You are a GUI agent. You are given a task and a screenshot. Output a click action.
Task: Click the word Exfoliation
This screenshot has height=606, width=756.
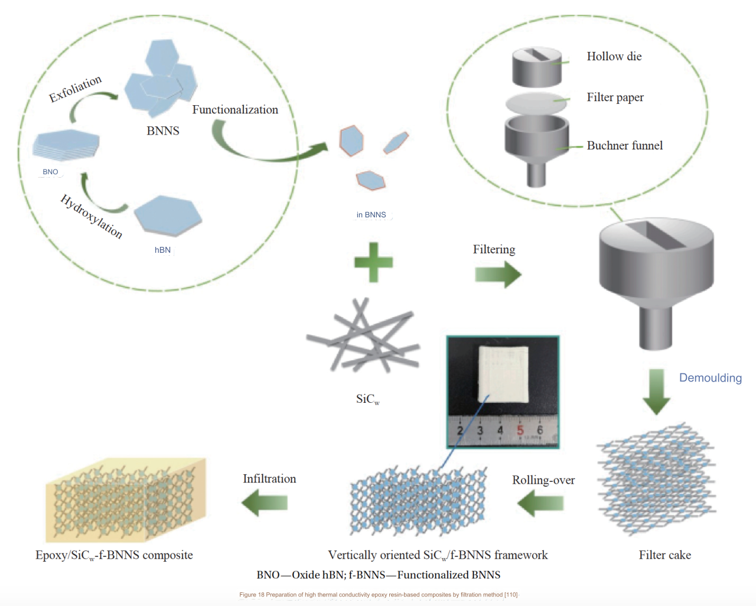(75, 89)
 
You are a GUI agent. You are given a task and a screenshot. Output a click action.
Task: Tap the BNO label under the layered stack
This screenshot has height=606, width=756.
(50, 172)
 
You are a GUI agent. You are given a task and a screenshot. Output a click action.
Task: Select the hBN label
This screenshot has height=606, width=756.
(162, 250)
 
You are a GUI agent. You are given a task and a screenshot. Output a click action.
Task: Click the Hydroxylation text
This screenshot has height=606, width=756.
(92, 216)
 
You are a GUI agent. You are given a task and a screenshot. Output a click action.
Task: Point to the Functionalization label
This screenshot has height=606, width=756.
(235, 110)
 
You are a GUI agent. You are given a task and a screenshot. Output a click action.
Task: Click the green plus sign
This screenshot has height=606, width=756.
(373, 262)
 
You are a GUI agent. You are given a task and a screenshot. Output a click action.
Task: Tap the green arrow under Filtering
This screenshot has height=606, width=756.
(498, 275)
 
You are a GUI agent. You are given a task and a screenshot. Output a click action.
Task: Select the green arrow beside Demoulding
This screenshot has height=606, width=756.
(656, 391)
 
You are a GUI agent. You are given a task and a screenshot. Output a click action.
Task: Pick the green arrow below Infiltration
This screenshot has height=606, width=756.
(265, 503)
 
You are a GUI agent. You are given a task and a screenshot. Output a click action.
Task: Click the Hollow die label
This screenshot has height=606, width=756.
(614, 57)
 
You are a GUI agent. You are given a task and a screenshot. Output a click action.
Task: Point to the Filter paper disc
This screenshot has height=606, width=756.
(536, 103)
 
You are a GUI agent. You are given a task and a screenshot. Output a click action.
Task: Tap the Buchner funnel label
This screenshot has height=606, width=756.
(624, 146)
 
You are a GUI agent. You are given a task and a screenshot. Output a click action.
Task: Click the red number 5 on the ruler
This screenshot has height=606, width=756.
(520, 430)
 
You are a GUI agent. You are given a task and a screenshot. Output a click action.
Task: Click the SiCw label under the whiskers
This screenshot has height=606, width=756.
(367, 399)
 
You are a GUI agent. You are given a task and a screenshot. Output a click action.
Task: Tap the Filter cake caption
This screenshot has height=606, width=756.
(664, 555)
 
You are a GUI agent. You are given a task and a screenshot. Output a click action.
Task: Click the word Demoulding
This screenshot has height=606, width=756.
(710, 378)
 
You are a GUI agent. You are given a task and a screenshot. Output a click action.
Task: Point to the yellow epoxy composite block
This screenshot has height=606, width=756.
(126, 500)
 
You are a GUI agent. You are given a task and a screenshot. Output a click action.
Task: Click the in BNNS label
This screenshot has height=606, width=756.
(371, 215)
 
